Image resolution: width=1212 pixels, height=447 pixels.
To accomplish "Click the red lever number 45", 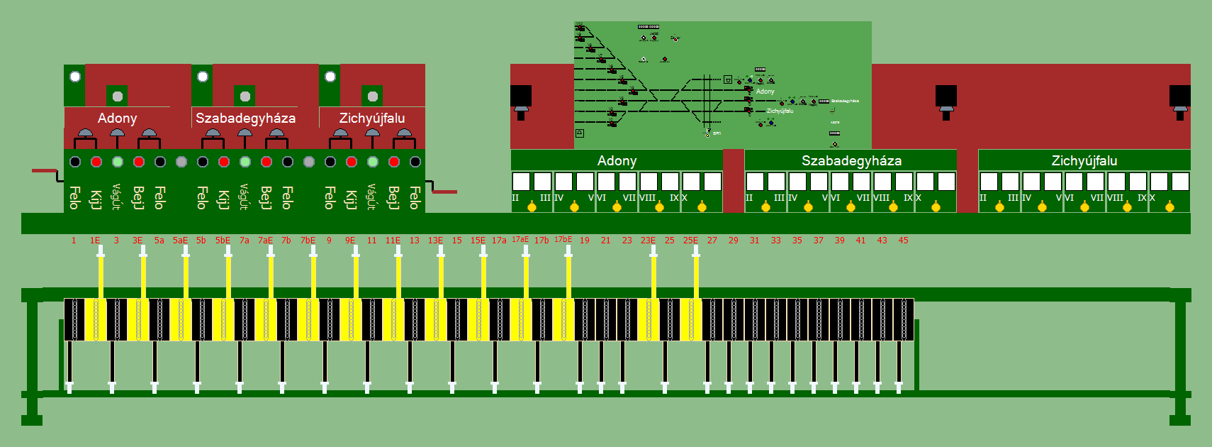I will [x=903, y=241].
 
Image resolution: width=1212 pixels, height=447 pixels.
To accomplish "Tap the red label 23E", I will [x=648, y=241].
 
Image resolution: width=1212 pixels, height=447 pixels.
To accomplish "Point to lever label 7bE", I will [x=308, y=241].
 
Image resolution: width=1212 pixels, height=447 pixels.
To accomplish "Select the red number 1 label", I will [x=74, y=241].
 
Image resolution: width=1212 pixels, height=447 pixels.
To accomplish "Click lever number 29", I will [x=733, y=241].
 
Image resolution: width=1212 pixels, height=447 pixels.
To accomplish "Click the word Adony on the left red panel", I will [x=117, y=118].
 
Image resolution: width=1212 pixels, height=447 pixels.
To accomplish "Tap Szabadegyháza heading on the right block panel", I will [x=851, y=161].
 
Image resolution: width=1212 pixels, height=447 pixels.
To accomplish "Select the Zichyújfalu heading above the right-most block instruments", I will [x=1084, y=161].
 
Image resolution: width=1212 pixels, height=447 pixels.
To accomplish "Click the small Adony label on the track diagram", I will [x=765, y=92].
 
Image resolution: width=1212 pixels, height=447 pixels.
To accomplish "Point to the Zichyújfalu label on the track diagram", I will [x=780, y=111].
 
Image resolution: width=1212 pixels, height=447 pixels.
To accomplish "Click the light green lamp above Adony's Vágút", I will [x=118, y=162].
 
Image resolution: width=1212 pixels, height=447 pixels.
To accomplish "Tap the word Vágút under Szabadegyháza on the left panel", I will [x=244, y=197].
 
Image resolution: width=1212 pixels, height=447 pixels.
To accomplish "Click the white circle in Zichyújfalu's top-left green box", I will [x=330, y=77].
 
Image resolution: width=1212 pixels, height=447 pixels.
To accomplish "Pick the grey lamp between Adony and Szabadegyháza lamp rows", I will [x=181, y=162].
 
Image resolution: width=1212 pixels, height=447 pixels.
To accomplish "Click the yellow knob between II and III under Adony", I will [x=532, y=207].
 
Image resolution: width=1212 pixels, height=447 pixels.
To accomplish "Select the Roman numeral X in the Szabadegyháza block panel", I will [x=919, y=198].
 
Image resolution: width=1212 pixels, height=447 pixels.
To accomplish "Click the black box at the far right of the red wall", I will [x=1179, y=95].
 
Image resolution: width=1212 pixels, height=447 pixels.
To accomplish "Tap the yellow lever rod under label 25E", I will [x=696, y=273].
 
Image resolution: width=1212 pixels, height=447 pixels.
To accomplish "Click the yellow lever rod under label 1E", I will [x=101, y=273].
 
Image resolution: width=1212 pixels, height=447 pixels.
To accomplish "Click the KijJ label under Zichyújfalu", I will [x=350, y=199].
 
